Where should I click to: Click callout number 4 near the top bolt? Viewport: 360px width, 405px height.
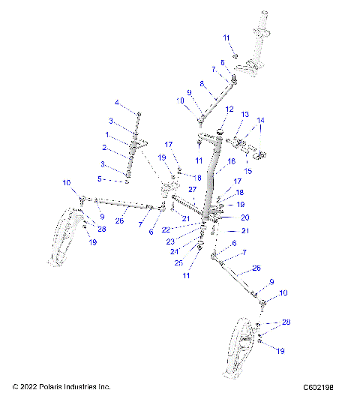pyautogui.click(x=116, y=102)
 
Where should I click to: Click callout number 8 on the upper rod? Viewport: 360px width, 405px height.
pyautogui.click(x=201, y=84)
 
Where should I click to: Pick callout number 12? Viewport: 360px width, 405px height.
pyautogui.click(x=229, y=109)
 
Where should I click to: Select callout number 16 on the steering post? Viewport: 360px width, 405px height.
pyautogui.click(x=231, y=160)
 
